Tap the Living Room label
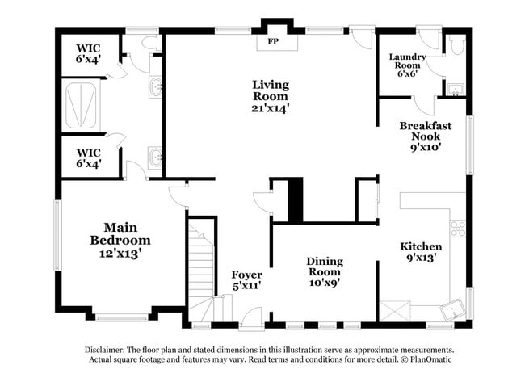click(x=271, y=95)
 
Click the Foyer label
click(x=246, y=279)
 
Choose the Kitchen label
click(x=421, y=252)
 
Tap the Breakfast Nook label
click(x=425, y=136)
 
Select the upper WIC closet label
click(x=89, y=53)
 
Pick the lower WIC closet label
click(x=89, y=157)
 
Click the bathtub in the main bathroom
click(x=83, y=106)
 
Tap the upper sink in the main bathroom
click(x=155, y=86)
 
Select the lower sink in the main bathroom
click(x=155, y=156)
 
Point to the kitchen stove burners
click(x=457, y=229)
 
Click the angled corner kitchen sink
click(x=452, y=308)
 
